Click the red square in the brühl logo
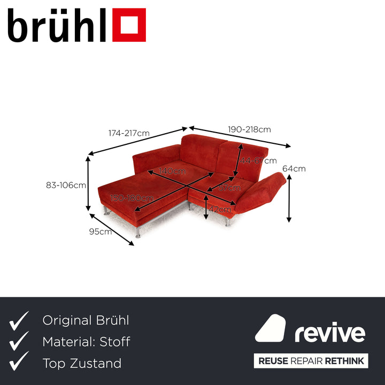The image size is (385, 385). tap(129, 25)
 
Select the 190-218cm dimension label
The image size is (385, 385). tap(249, 129)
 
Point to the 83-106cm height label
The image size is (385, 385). tap(66, 186)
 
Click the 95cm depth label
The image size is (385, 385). tap(101, 232)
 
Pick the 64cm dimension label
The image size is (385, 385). tap(294, 168)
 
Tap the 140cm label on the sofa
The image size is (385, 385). tap(172, 171)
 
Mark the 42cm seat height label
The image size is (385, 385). tap(220, 209)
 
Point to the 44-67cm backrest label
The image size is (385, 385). tap(258, 160)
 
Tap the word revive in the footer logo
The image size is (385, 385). tap(330, 334)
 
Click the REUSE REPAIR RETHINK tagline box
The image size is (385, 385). tap(311, 360)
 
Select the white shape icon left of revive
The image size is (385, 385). tap(271, 328)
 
